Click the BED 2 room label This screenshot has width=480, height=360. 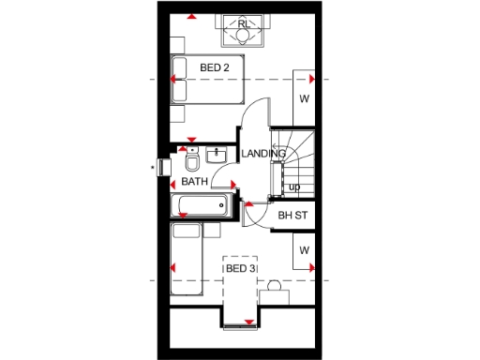(214, 67)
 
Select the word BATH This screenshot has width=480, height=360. (194, 182)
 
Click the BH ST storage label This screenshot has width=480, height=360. (292, 216)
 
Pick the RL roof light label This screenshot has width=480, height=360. (243, 22)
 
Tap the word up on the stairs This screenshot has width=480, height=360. (294, 187)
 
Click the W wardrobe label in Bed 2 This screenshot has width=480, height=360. (304, 98)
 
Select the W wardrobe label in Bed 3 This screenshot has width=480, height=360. (304, 250)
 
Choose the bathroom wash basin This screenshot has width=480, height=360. (219, 155)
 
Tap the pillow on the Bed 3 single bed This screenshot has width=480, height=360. (186, 231)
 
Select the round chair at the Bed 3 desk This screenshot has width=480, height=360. (274, 284)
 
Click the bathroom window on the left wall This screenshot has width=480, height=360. (165, 168)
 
